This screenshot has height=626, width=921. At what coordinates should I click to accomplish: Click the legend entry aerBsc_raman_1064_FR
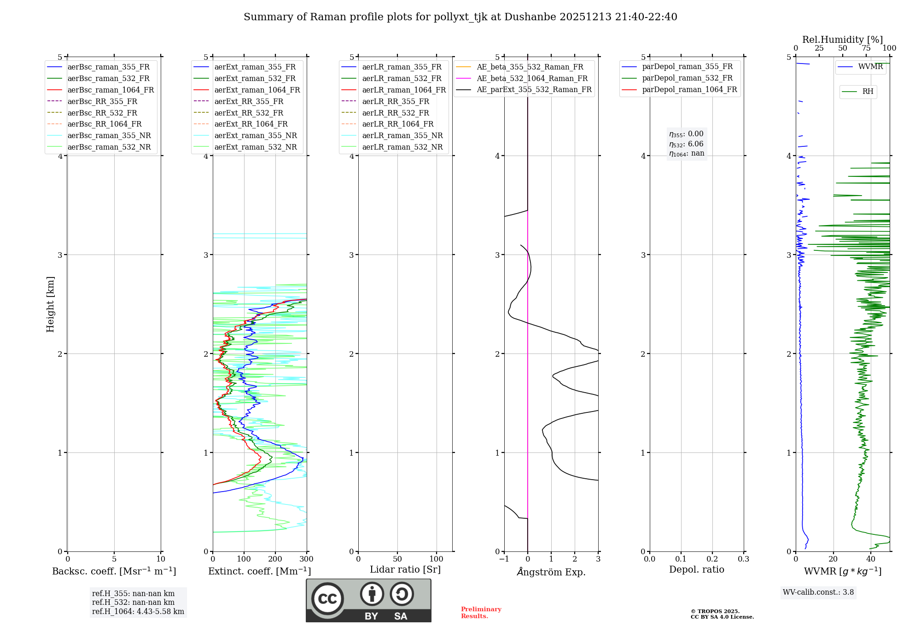(111, 90)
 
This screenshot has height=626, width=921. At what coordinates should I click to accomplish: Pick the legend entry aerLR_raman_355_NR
(402, 135)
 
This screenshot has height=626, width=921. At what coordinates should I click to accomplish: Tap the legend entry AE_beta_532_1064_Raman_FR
(532, 78)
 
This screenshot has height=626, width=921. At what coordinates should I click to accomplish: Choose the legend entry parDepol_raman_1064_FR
(689, 89)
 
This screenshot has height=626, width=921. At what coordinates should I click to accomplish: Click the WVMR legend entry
(870, 67)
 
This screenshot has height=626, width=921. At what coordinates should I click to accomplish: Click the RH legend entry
(868, 92)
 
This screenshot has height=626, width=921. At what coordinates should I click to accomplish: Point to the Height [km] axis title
(50, 304)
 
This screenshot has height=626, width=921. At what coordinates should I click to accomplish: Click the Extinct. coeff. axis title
(259, 571)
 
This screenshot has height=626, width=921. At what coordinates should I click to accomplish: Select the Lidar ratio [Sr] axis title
(405, 569)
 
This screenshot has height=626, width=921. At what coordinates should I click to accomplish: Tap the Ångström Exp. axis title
(551, 572)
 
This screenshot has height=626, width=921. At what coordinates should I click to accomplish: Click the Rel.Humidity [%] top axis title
(842, 40)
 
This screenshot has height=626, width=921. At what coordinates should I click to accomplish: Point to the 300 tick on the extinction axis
(306, 559)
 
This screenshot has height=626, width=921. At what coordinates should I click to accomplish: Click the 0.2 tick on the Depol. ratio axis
(712, 559)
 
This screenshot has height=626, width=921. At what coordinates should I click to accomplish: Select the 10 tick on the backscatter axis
(161, 559)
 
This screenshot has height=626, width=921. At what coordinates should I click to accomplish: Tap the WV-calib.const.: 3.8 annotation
(818, 592)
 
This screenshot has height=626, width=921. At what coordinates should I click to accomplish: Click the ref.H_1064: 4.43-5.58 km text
(138, 612)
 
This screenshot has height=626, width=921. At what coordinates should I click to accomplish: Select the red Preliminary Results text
(481, 613)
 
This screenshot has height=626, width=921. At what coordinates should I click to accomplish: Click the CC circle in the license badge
(327, 599)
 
